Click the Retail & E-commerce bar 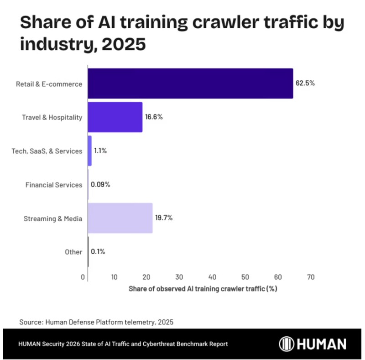[x=190, y=83]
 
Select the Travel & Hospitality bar [x=115, y=117]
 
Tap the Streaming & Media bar [x=120, y=218]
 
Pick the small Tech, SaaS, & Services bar [x=89, y=151]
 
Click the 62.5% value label [x=305, y=83]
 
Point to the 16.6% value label [x=154, y=117]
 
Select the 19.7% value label [x=164, y=218]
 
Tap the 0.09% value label [x=100, y=185]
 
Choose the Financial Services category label [x=54, y=185]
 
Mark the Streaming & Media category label [x=53, y=219]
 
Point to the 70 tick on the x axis [x=311, y=277]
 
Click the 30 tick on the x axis [x=179, y=277]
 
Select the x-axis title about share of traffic [x=203, y=289]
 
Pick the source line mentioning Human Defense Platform [x=97, y=322]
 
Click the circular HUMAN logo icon [x=287, y=344]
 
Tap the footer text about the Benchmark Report [x=123, y=344]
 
